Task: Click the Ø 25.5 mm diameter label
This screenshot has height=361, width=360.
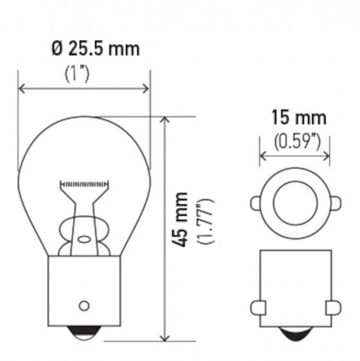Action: point(96,48)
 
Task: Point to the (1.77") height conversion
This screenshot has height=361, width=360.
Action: point(205,221)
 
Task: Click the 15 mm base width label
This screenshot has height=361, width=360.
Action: point(299,118)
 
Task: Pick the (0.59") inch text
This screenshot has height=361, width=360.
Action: point(297,141)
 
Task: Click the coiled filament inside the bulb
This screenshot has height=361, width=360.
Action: point(84,184)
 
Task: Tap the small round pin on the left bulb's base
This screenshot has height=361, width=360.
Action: point(84,306)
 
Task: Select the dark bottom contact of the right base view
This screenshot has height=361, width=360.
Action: point(296,334)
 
